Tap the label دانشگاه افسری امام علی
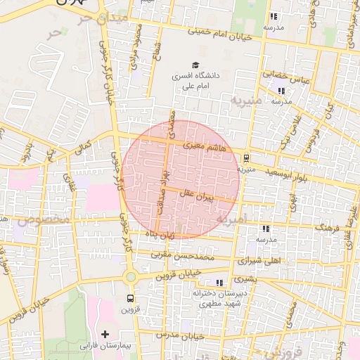click(196, 80)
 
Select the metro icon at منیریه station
click(246, 157)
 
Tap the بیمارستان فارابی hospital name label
click(106, 346)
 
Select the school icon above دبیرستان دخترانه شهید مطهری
click(219, 282)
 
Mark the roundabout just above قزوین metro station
click(130, 276)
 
